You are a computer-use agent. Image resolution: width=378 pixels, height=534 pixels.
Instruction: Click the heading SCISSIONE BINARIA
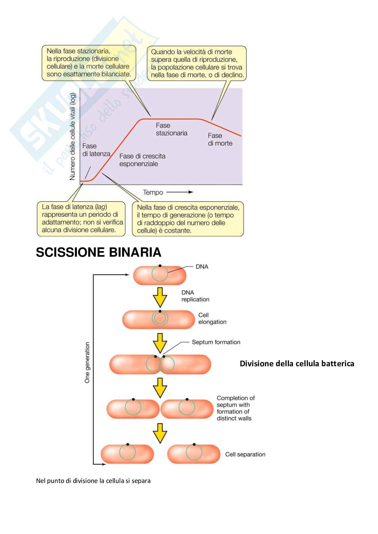click(x=99, y=252)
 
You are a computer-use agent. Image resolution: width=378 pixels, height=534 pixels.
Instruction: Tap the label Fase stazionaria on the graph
click(x=171, y=129)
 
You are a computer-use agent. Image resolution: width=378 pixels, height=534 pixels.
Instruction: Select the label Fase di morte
click(x=220, y=139)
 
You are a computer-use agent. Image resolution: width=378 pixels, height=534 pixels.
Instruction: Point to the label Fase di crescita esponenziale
click(x=142, y=160)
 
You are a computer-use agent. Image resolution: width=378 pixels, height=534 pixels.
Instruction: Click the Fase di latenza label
click(x=96, y=150)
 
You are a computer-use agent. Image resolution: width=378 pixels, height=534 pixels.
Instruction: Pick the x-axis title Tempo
click(x=153, y=192)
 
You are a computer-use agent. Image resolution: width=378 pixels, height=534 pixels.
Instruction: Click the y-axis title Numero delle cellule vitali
click(x=72, y=137)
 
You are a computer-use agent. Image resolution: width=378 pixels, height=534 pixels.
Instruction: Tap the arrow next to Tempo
click(x=180, y=192)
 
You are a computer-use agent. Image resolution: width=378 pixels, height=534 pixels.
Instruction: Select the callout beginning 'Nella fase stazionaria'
click(x=89, y=63)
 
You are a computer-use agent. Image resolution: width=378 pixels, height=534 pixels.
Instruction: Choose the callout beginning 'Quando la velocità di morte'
click(x=197, y=63)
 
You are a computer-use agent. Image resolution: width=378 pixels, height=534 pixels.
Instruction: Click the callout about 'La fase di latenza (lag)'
click(x=81, y=218)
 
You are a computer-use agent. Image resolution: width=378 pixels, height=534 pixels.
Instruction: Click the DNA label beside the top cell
click(x=202, y=267)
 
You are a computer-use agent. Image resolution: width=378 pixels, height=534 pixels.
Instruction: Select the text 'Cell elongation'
click(x=212, y=319)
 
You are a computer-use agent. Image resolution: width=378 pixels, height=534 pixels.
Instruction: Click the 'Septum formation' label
click(x=216, y=342)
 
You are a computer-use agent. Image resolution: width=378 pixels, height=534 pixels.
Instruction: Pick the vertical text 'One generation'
click(x=87, y=363)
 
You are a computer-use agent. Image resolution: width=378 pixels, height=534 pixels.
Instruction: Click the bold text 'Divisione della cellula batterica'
click(x=297, y=364)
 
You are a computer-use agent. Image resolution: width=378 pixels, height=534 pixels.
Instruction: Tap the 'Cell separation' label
click(x=245, y=455)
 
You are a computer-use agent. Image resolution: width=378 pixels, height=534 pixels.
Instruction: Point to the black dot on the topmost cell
click(x=160, y=266)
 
